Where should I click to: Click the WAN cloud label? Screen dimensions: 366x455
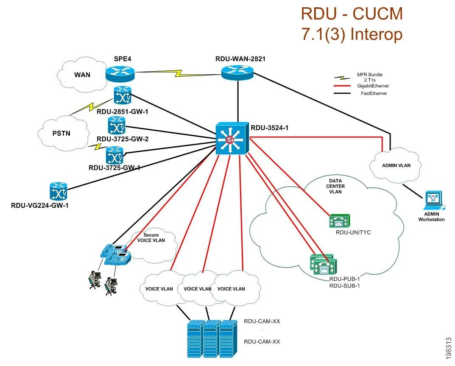[x=82, y=75]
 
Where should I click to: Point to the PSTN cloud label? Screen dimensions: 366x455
[x=62, y=133]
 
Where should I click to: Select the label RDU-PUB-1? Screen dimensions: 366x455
[x=345, y=279]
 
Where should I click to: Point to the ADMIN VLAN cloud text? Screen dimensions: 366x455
[x=396, y=165]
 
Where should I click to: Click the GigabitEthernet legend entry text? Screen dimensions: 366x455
[x=373, y=86]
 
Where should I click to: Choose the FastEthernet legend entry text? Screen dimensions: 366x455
[x=374, y=93]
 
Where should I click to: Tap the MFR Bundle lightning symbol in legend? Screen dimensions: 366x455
[x=340, y=78]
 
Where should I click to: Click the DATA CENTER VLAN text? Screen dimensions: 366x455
[x=335, y=186]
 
